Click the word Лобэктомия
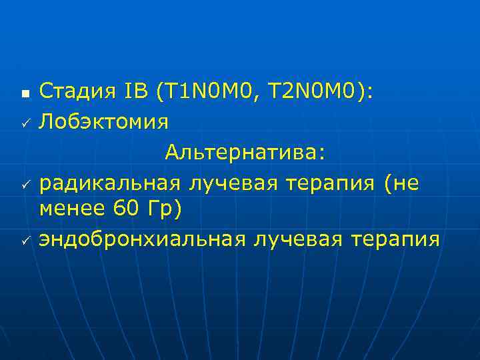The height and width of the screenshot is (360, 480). pos(103,122)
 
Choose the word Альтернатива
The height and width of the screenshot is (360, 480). pos(244,152)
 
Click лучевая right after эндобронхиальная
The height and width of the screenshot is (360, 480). pos(287,239)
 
